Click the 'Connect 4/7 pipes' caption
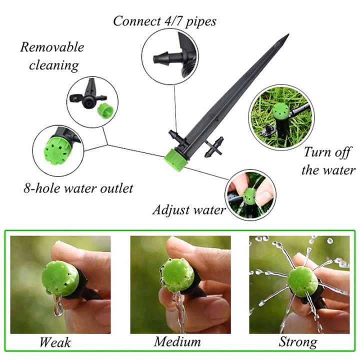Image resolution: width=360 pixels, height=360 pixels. [164, 21]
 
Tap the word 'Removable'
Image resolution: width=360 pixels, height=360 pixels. [52, 47]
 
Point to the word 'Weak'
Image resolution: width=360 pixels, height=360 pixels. [55, 342]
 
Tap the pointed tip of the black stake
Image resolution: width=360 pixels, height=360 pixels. [287, 36]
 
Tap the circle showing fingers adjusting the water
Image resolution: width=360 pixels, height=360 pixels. [251, 194]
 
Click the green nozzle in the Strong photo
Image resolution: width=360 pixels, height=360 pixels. [302, 281]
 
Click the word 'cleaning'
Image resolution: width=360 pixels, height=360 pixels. [54, 65]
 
